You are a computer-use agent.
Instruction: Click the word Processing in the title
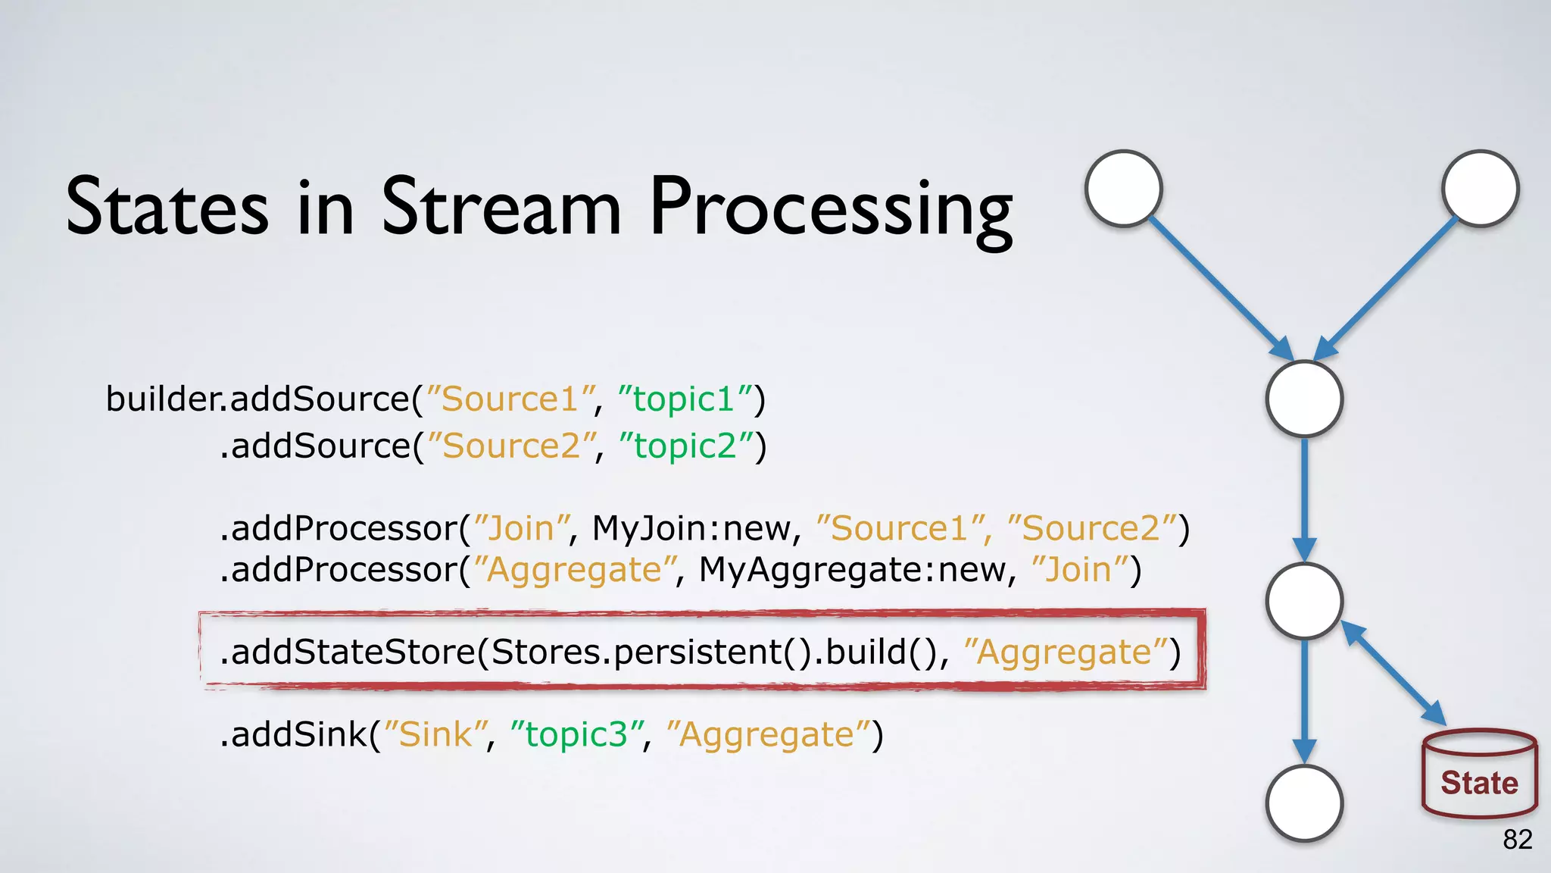click(x=831, y=208)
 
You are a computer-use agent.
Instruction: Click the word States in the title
click(x=167, y=208)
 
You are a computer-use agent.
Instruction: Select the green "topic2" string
click(x=686, y=446)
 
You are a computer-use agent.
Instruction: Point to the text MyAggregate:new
click(x=857, y=570)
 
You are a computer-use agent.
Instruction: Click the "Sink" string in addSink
click(x=435, y=734)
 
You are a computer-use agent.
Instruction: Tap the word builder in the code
click(x=162, y=399)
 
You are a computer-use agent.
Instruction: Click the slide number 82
click(x=1517, y=840)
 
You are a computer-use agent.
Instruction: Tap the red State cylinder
click(x=1479, y=774)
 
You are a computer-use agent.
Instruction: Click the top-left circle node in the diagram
click(x=1124, y=189)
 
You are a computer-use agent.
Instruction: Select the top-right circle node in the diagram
click(x=1480, y=189)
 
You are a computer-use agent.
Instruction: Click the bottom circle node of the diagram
click(x=1304, y=803)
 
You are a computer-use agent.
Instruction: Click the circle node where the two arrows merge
click(x=1304, y=399)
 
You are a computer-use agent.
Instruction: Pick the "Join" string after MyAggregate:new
click(x=1078, y=570)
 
